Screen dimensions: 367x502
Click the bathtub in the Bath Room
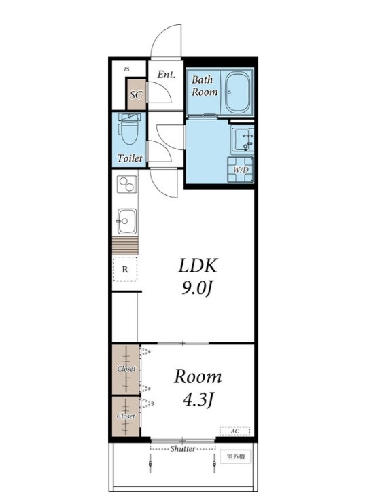[237, 92]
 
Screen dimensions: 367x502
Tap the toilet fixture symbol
[129, 129]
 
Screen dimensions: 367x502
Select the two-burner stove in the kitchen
[127, 184]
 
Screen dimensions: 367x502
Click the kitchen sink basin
[127, 221]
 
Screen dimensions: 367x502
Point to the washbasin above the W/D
[243, 139]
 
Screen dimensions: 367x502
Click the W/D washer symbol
[241, 169]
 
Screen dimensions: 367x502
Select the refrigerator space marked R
[125, 269]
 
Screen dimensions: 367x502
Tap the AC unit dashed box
[234, 431]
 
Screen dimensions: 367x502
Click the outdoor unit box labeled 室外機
[235, 456]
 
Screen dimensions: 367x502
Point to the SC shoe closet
[137, 95]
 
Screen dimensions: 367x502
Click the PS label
[127, 69]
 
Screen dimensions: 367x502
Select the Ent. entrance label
[167, 75]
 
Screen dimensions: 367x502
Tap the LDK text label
[198, 266]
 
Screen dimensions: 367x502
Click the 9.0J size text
[197, 289]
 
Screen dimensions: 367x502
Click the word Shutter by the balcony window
[183, 449]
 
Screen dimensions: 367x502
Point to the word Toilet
[130, 158]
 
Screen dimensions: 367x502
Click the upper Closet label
[126, 369]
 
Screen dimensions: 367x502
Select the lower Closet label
[126, 416]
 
